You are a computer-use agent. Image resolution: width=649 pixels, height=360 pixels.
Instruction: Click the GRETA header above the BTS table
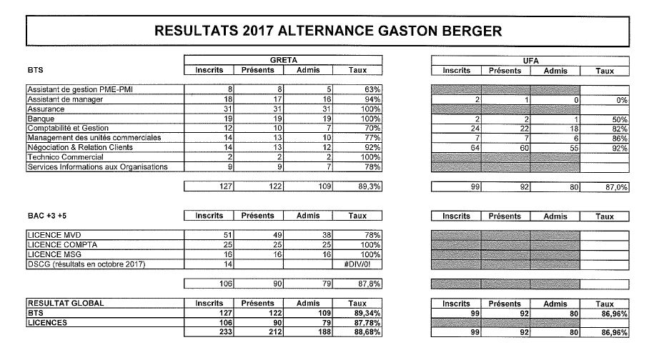(283, 61)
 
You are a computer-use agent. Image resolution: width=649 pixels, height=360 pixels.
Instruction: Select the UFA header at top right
(530, 61)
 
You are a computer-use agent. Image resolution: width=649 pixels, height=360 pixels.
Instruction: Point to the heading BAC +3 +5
(46, 216)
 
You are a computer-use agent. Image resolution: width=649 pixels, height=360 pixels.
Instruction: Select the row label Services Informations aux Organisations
(97, 167)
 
